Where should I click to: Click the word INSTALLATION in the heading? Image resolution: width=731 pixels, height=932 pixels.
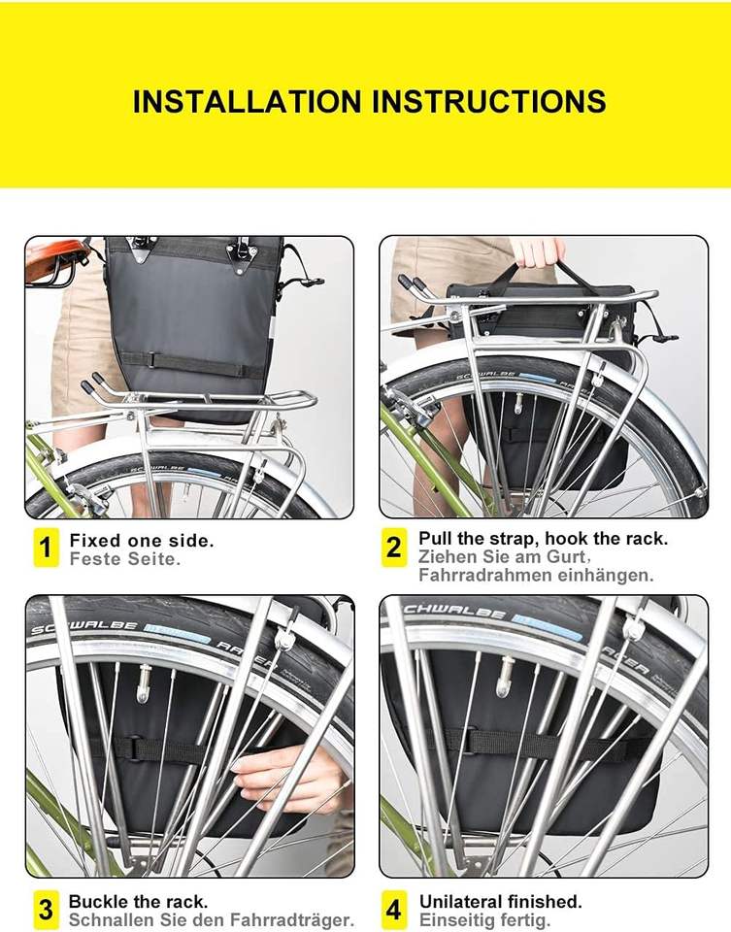pyautogui.click(x=247, y=101)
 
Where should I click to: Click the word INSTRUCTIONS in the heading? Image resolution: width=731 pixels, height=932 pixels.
pyautogui.click(x=489, y=101)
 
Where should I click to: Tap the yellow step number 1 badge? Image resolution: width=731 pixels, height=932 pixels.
pyautogui.click(x=46, y=548)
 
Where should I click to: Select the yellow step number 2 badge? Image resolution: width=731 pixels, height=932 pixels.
pyautogui.click(x=394, y=548)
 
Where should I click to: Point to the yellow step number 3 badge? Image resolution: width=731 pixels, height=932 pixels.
pyautogui.click(x=46, y=910)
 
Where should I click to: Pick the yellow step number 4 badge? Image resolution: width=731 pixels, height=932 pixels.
pyautogui.click(x=394, y=910)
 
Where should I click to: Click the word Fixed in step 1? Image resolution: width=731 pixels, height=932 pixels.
pyautogui.click(x=90, y=541)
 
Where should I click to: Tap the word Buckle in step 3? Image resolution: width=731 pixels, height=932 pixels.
pyautogui.click(x=96, y=901)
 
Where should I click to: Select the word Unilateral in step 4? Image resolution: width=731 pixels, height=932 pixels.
pyautogui.click(x=459, y=901)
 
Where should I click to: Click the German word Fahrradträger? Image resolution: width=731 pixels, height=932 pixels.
pyautogui.click(x=291, y=920)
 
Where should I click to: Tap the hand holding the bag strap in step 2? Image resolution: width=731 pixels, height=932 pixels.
pyautogui.click(x=538, y=253)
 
